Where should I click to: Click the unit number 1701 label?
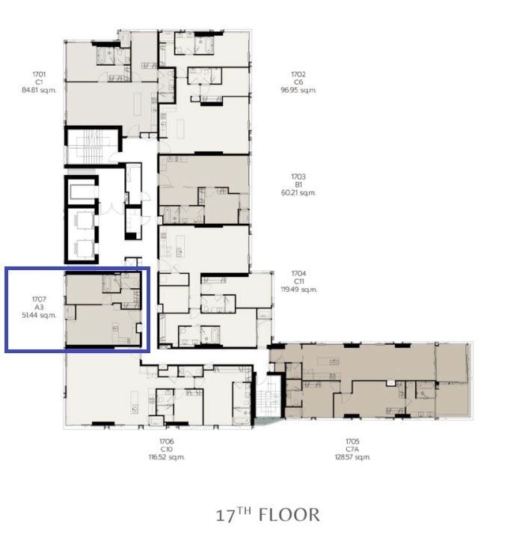coord(39,74)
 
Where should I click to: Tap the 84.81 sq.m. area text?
coord(39,90)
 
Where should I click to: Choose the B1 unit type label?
coord(298,184)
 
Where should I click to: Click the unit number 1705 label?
coord(352,441)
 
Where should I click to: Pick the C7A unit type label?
coord(352,449)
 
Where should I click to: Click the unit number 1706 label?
coord(166,441)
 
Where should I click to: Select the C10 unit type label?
coord(166,449)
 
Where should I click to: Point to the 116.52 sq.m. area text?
coord(167,457)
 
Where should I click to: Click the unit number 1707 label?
coord(39,299)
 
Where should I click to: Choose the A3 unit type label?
coord(39,308)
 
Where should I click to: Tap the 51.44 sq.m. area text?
coord(39,316)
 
